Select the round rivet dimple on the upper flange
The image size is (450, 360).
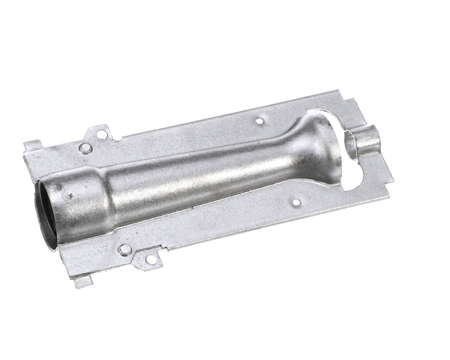[x=85, y=148]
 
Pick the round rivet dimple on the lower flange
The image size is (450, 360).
[x=124, y=249]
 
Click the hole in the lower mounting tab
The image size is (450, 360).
[x=150, y=259]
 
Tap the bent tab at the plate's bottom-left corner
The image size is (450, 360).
[x=82, y=281]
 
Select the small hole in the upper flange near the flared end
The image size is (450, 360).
[x=259, y=120]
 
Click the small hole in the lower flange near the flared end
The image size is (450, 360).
[x=296, y=202]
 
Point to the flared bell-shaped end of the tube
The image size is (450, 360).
[x=315, y=146]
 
